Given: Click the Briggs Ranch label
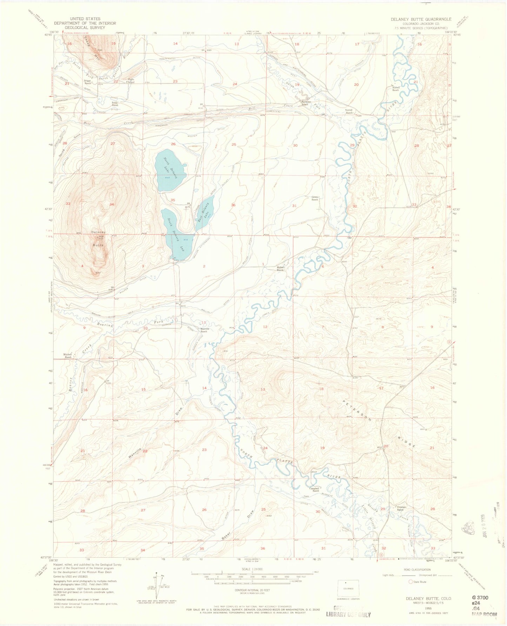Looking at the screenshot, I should click(87, 82).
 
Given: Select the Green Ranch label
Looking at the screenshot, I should click(315, 198).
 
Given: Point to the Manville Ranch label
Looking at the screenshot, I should click(205, 330).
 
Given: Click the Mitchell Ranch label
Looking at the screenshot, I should click(68, 356).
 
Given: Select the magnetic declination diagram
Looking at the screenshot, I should click(156, 586).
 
